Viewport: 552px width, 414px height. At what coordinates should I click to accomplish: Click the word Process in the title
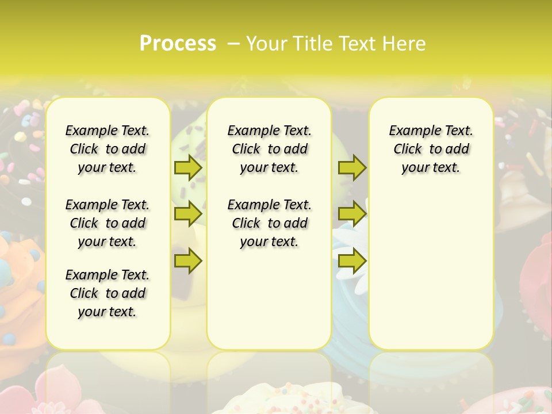click(178, 43)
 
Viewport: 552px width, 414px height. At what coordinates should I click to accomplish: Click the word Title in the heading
click(313, 43)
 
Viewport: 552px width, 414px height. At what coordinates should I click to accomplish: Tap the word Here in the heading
click(405, 43)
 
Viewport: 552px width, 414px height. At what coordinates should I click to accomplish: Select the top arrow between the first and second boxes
click(187, 167)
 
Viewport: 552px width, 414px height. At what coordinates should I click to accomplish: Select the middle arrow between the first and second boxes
click(187, 214)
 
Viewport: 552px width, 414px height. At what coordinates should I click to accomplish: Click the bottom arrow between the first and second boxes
click(187, 260)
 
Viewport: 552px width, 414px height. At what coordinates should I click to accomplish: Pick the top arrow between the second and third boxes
click(352, 167)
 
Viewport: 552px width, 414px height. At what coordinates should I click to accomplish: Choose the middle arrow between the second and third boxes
click(352, 214)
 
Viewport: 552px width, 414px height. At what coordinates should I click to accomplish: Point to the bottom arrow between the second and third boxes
click(352, 260)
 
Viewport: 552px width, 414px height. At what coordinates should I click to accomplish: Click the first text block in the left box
click(108, 149)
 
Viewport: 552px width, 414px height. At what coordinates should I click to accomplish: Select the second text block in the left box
click(108, 223)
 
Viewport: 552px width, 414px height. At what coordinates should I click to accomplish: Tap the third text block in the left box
click(108, 293)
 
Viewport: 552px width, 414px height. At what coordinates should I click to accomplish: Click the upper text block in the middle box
click(269, 149)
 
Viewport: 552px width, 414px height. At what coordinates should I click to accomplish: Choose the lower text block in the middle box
click(269, 223)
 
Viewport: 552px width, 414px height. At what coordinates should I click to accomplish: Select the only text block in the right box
click(431, 149)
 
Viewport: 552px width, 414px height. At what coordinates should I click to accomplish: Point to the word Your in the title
click(266, 43)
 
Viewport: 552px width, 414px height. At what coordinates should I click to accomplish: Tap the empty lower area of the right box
click(431, 276)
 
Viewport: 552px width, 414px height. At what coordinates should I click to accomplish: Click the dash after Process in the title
click(233, 43)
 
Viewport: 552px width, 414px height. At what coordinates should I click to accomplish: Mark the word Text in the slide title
click(357, 43)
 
